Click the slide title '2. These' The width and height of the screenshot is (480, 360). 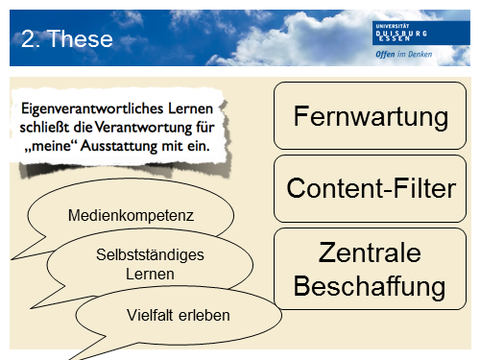(67, 38)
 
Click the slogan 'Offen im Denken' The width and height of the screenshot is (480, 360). (404, 56)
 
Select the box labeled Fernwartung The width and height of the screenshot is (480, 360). (371, 118)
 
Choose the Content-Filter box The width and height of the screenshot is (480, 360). (371, 188)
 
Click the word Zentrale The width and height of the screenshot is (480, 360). (371, 254)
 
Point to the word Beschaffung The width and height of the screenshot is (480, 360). (371, 285)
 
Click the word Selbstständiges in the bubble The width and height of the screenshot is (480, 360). (141, 255)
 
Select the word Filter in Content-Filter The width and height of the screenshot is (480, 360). (418, 188)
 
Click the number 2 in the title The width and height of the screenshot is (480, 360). (28, 38)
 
